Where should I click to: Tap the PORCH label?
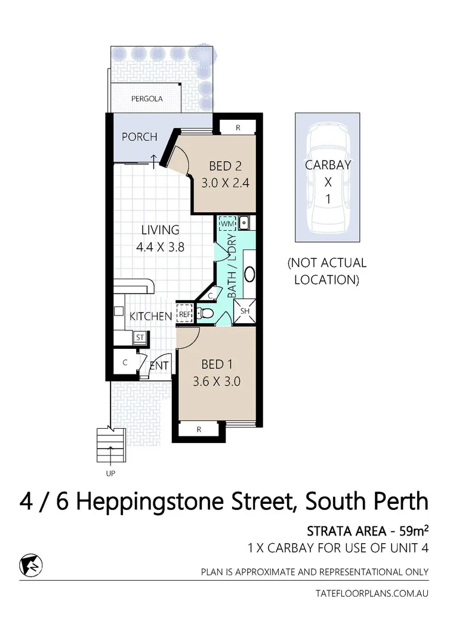(x=140, y=137)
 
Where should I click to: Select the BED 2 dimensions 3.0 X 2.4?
(x=224, y=183)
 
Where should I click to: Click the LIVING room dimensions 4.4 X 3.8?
(x=160, y=246)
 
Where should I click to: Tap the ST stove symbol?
(x=140, y=338)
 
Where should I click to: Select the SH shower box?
(x=245, y=311)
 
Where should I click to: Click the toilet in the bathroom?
(x=205, y=312)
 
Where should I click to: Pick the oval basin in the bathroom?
(x=249, y=274)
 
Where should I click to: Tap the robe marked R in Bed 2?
(x=238, y=127)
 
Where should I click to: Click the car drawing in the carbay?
(x=327, y=179)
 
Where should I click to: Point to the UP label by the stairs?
(x=110, y=474)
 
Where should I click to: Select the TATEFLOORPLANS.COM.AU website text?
(x=371, y=593)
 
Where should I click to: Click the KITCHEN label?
(x=151, y=316)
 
